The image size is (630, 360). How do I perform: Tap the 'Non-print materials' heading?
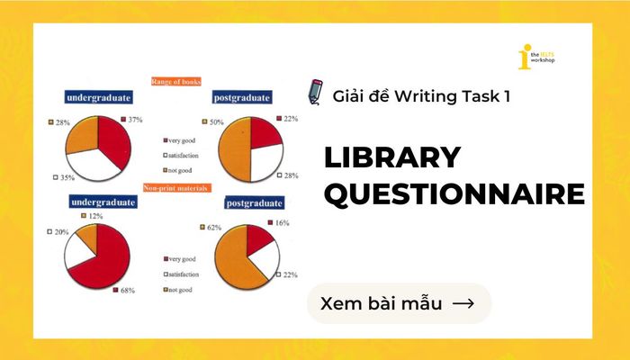coord(175,188)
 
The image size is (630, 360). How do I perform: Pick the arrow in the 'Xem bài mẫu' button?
coord(463,303)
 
